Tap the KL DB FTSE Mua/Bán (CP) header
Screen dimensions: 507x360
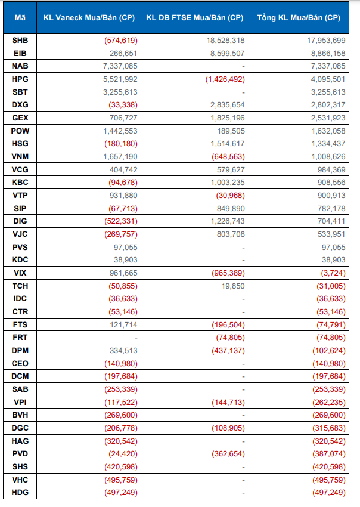[194, 18]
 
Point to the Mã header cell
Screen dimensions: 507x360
[20, 18]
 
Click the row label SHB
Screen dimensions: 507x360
[20, 40]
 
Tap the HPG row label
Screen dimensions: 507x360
[20, 79]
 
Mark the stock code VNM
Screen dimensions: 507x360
[20, 156]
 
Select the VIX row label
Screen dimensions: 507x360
[20, 273]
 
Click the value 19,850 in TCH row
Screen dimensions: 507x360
[232, 286]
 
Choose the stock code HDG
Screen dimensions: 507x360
[20, 492]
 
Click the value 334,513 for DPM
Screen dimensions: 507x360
[120, 350]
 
